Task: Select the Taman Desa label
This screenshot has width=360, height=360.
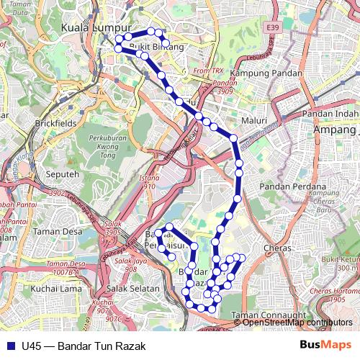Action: pos(57,232)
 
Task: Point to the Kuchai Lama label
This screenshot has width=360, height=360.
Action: pos(52,289)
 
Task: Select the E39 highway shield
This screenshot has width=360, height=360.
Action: pos(272,27)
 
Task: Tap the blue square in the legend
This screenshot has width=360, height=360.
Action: pos(8,346)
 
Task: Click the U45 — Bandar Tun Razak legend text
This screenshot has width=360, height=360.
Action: pos(83,346)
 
